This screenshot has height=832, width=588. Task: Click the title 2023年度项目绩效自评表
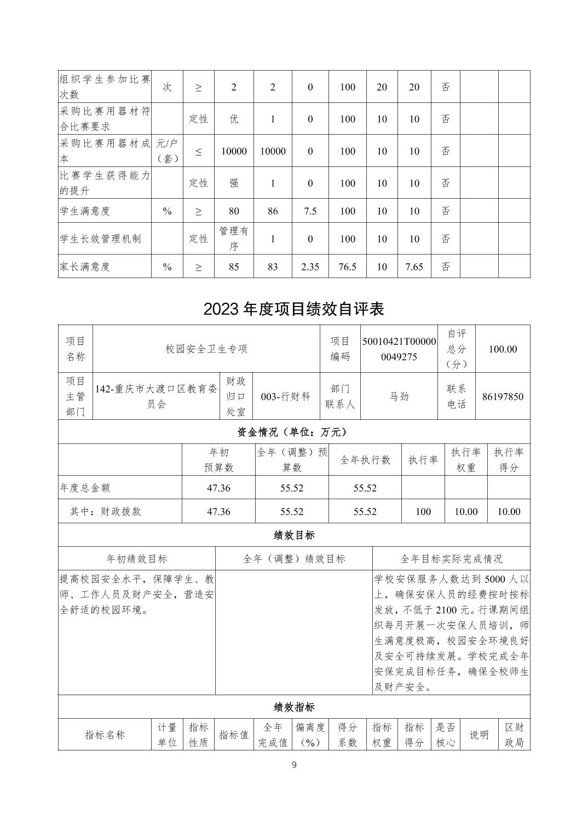(293, 309)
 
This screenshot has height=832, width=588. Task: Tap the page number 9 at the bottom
(294, 765)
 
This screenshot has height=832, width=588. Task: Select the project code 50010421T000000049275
(399, 349)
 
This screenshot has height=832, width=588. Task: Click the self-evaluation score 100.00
(503, 349)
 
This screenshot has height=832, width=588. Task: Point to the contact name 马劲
(399, 396)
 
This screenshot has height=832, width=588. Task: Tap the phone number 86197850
(503, 396)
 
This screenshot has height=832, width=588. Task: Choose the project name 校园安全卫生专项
(206, 349)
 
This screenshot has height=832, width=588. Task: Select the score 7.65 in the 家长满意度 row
(414, 267)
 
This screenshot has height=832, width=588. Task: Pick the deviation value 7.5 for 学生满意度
(310, 211)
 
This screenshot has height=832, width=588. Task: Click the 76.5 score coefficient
(348, 267)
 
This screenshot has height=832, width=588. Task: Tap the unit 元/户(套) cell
(167, 151)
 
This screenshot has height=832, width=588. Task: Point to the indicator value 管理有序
(234, 239)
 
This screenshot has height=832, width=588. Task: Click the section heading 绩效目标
(293, 535)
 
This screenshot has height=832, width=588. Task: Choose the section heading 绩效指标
(293, 707)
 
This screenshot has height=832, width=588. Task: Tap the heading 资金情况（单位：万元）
(293, 432)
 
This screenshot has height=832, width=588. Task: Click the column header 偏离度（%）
(310, 735)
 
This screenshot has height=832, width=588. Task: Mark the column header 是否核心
(445, 735)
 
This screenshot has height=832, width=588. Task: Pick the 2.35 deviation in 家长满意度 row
(310, 267)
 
